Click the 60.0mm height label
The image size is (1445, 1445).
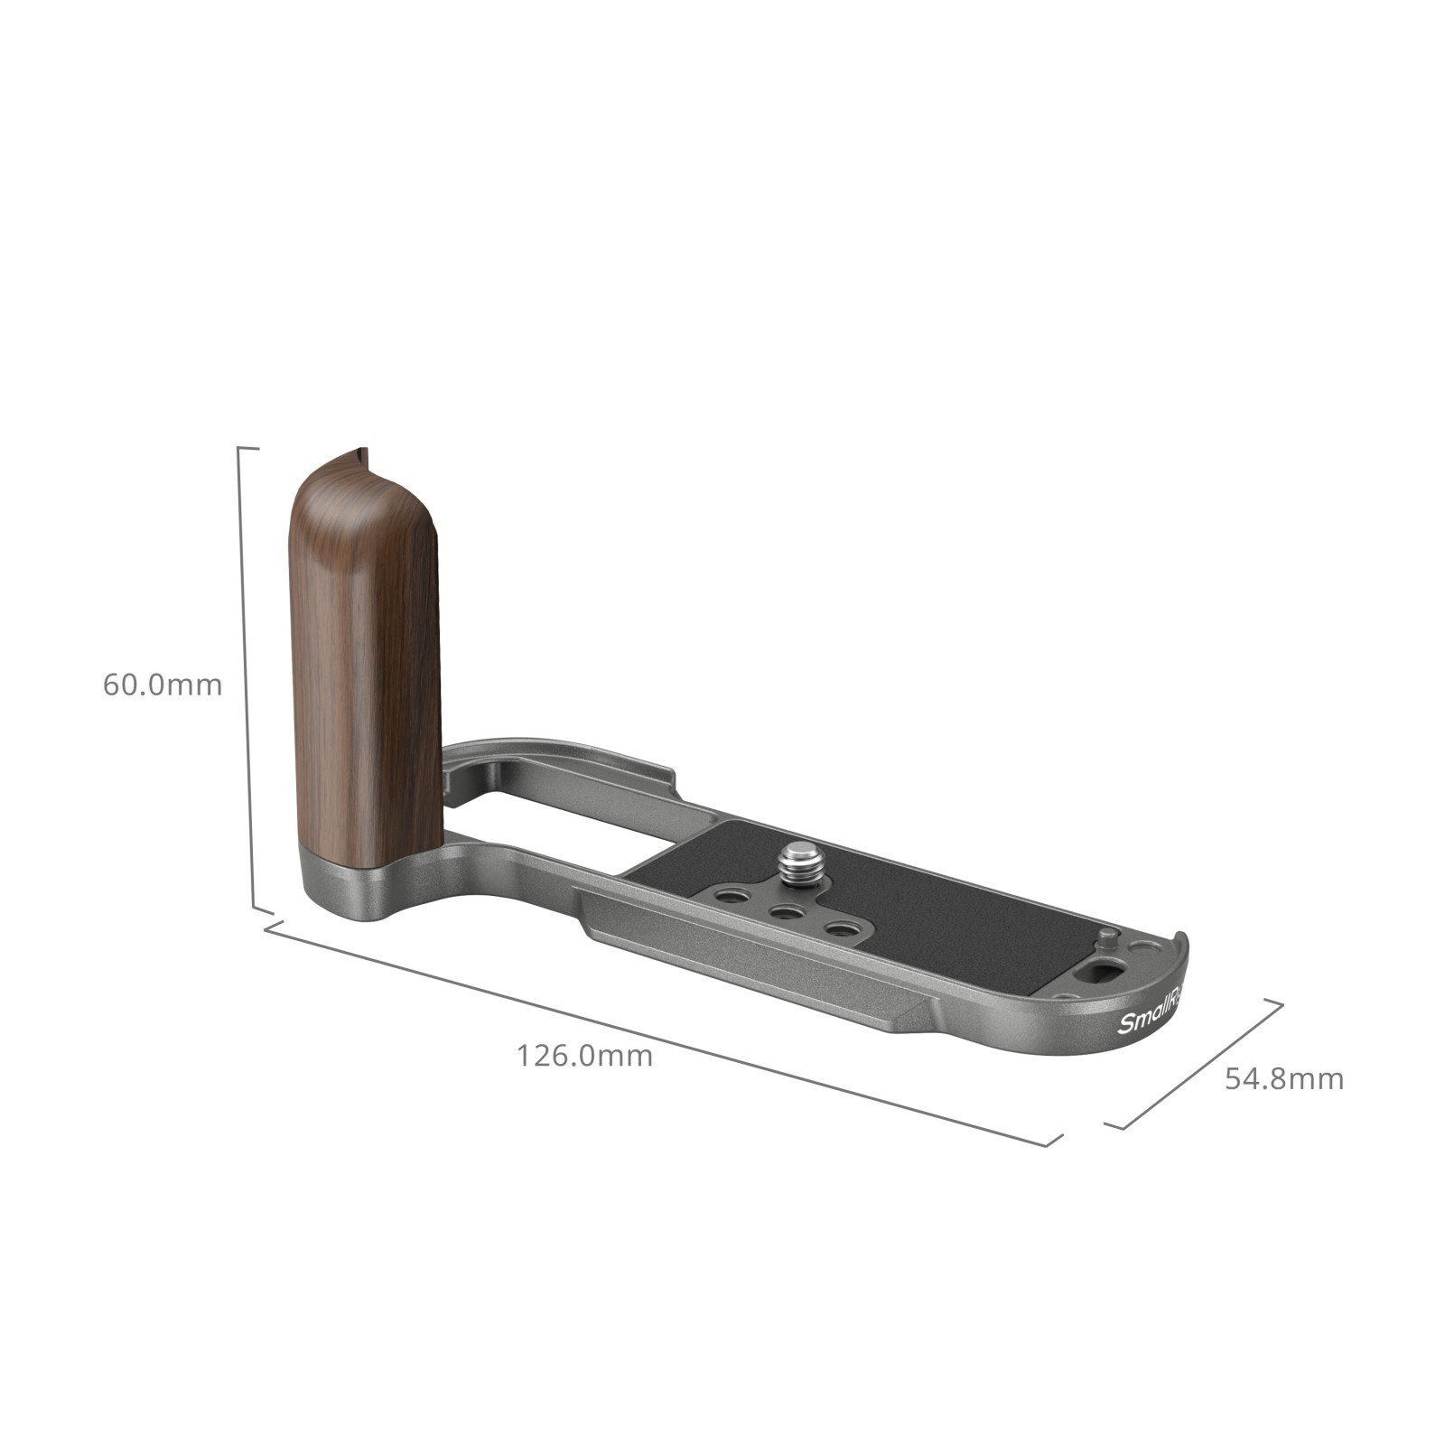coord(163,685)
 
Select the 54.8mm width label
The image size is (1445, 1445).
coord(1284,1078)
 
